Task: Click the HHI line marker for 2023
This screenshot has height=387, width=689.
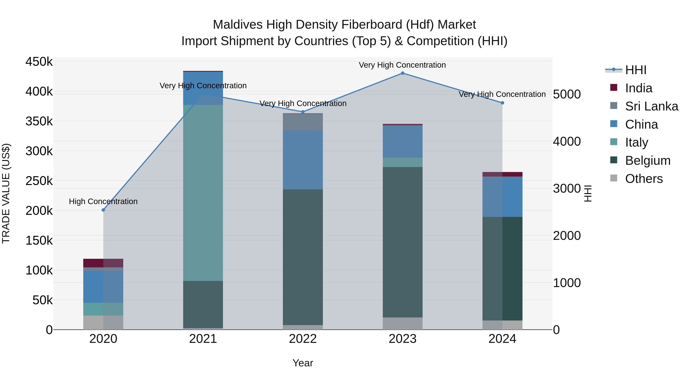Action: click(402, 73)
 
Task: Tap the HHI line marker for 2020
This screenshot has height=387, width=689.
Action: click(103, 210)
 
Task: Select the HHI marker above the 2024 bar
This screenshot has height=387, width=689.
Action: click(502, 103)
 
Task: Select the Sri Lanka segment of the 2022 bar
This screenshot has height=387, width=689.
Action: click(303, 122)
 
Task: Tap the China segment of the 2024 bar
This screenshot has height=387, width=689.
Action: click(502, 197)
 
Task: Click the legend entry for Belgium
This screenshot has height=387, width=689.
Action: click(647, 161)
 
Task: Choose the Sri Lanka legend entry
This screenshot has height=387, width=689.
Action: click(651, 106)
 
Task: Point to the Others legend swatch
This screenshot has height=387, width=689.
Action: click(614, 178)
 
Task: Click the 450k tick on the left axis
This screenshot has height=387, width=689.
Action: click(39, 62)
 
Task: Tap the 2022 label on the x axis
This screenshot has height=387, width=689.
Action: click(303, 339)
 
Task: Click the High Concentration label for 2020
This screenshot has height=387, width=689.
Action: click(103, 201)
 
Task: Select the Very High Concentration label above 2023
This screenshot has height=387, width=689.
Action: click(402, 65)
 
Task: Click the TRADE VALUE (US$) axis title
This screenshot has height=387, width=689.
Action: click(6, 193)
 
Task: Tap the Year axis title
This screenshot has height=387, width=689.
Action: click(303, 363)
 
